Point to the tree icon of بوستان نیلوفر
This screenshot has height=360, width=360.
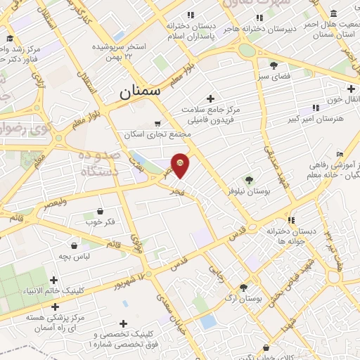click(247, 180)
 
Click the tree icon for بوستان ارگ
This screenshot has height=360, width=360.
click(243, 287)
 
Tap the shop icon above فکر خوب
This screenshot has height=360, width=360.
click(100, 211)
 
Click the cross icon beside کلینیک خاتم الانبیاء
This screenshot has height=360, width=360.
click(54, 280)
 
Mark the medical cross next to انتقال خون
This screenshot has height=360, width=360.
click(350, 89)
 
